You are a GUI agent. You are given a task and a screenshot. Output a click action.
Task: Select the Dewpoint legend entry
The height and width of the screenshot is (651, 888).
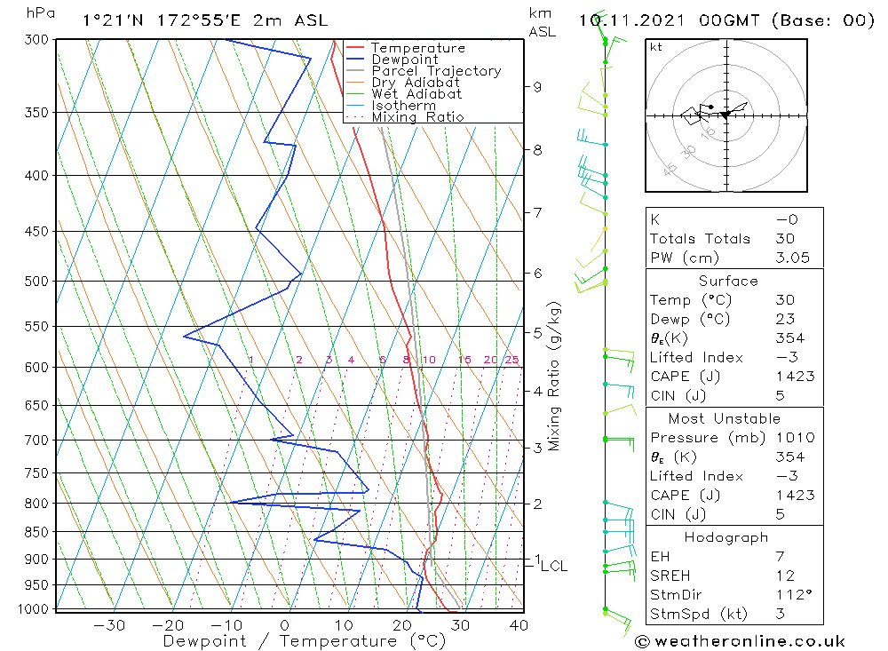[x=404, y=60]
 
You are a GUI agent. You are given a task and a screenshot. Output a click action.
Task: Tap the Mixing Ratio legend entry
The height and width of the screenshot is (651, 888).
[x=417, y=117]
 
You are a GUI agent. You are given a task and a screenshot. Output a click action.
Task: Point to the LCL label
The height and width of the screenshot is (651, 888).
[x=553, y=566]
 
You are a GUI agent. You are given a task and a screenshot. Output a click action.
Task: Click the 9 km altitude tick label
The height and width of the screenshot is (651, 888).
[x=537, y=87]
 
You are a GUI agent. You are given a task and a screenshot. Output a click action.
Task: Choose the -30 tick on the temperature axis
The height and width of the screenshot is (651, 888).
[x=109, y=625]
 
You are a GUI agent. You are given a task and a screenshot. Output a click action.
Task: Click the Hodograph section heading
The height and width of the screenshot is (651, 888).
[x=727, y=537]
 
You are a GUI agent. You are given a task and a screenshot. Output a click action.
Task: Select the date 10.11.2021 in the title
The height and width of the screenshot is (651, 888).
[x=624, y=20]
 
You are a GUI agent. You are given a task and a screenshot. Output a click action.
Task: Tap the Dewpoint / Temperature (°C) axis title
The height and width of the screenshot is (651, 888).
[x=304, y=640]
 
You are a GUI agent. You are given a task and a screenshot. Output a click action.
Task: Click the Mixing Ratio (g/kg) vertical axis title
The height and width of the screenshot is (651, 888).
[x=554, y=376]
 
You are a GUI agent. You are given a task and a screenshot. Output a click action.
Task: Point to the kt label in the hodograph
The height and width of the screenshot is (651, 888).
[x=656, y=47]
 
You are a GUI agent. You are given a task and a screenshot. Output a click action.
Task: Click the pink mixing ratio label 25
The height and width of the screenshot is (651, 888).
[x=511, y=360]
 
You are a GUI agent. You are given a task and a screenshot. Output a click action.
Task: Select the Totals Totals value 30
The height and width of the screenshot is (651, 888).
[x=785, y=239]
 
